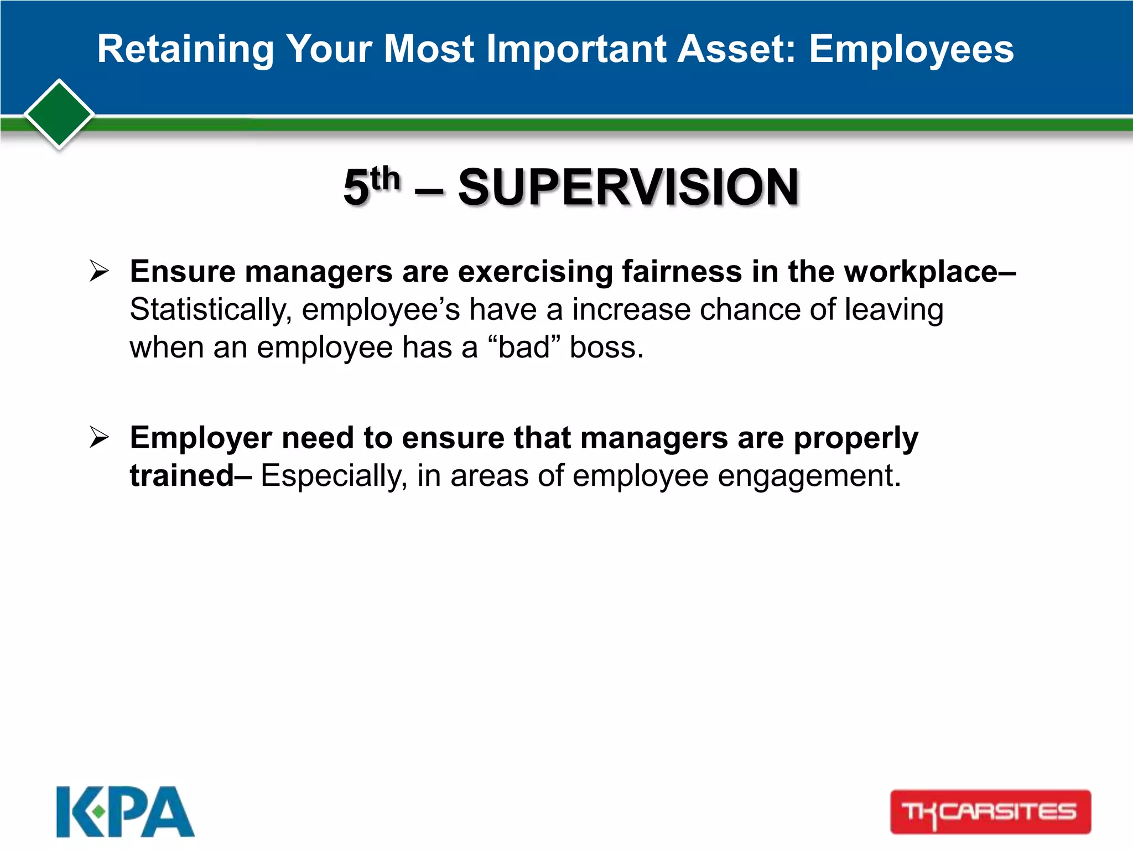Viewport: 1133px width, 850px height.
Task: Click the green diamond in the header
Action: tap(59, 114)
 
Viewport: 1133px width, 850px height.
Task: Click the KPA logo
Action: tap(126, 811)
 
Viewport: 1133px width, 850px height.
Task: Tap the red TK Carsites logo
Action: tap(990, 811)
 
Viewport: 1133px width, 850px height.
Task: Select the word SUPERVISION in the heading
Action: tap(628, 187)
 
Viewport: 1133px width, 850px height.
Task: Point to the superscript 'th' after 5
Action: tap(385, 178)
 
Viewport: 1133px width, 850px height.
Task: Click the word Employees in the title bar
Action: tap(911, 49)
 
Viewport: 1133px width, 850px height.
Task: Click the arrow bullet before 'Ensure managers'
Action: tap(99, 271)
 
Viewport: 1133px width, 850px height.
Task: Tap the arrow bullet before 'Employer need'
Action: tap(99, 438)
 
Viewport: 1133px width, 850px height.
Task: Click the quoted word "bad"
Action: tap(524, 348)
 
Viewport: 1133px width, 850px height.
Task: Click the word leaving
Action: tap(893, 310)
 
